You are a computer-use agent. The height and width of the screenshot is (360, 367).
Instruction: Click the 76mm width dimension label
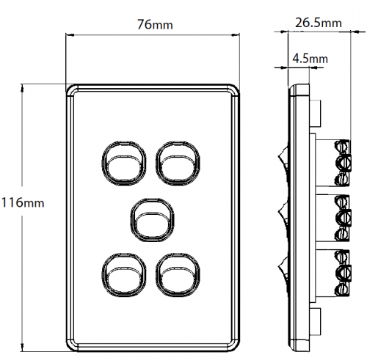click(x=155, y=24)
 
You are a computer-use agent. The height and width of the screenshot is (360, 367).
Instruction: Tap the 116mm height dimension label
click(x=23, y=203)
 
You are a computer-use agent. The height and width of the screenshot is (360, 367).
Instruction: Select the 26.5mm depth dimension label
click(x=318, y=23)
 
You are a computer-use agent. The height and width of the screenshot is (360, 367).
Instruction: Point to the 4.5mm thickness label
click(x=310, y=59)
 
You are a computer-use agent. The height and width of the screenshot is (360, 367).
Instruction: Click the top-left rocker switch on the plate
click(x=124, y=163)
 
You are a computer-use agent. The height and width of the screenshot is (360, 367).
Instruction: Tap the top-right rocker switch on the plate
click(x=178, y=163)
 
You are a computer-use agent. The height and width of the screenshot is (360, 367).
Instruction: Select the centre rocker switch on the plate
click(x=152, y=220)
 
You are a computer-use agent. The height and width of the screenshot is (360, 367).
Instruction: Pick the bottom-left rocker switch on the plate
click(x=124, y=275)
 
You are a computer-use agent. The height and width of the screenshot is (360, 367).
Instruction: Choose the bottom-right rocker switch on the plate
click(x=178, y=275)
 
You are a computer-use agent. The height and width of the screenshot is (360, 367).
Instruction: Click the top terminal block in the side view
click(x=333, y=163)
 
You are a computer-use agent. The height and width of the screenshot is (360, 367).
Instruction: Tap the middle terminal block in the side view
click(x=333, y=218)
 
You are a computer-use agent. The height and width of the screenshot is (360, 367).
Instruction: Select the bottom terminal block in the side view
click(x=333, y=273)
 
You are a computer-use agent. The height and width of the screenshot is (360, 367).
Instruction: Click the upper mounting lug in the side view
click(x=316, y=114)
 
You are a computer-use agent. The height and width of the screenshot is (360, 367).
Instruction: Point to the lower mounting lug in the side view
click(x=316, y=322)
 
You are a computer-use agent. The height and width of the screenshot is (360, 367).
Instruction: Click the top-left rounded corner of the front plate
click(x=70, y=88)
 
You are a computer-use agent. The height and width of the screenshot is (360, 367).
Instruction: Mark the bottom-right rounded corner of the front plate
click(x=236, y=348)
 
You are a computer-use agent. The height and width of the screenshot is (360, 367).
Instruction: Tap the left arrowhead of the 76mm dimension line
click(x=70, y=35)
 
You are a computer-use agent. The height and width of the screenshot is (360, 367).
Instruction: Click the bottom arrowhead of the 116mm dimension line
click(x=23, y=348)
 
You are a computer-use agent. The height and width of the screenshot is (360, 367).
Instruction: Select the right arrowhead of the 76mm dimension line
click(x=236, y=35)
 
